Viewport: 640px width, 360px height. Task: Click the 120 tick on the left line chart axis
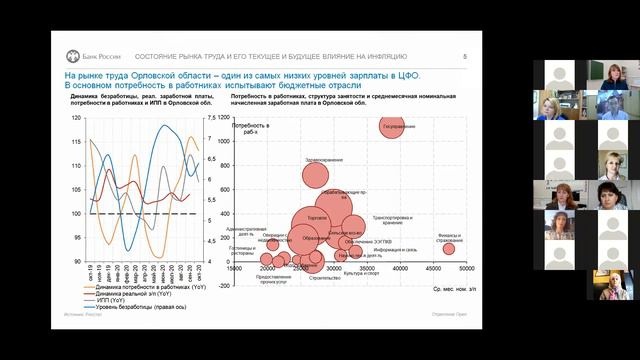(x=77, y=118)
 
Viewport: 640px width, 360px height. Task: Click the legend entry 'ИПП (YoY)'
(x=115, y=299)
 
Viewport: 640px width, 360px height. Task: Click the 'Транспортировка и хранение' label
(x=392, y=219)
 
